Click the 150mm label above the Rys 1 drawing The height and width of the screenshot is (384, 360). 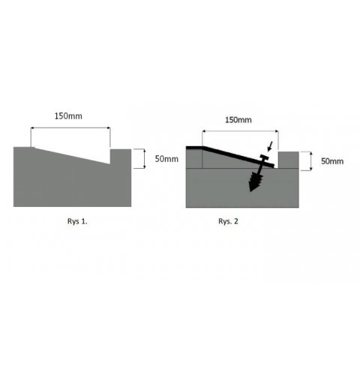[x=68, y=116]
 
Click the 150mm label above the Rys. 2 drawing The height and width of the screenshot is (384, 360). [x=238, y=120]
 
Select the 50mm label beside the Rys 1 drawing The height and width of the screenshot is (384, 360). [x=166, y=159]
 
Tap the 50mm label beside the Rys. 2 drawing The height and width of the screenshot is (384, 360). [x=332, y=161]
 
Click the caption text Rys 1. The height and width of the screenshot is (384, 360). [x=77, y=221]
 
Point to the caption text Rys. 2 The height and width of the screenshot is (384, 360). [x=228, y=221]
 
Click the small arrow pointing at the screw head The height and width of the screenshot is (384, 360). [x=270, y=146]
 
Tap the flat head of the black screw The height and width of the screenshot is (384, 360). [x=264, y=157]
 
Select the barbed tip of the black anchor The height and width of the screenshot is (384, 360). [x=256, y=183]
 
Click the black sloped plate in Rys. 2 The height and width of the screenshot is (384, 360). [x=238, y=157]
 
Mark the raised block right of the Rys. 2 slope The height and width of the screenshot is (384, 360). [x=289, y=160]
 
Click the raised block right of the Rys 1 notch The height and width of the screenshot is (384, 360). [x=121, y=157]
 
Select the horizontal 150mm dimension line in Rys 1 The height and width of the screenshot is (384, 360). [x=70, y=127]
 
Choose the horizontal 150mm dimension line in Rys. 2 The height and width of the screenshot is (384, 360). [x=240, y=131]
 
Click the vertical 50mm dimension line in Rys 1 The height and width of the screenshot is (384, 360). [x=144, y=158]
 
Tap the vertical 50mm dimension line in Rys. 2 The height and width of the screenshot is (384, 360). [x=310, y=161]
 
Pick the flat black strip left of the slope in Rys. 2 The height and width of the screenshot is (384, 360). [x=194, y=148]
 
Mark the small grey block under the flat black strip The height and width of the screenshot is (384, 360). [x=194, y=158]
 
